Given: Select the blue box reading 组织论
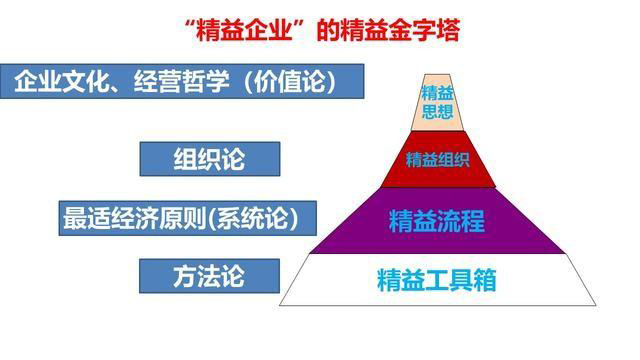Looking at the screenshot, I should click(x=208, y=158).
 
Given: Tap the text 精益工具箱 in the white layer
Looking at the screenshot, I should click(x=436, y=279).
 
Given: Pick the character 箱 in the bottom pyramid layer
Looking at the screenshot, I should click(x=484, y=279).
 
